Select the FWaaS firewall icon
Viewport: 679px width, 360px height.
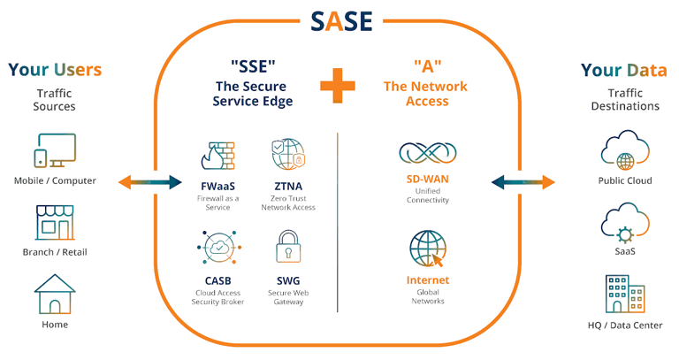[216, 156]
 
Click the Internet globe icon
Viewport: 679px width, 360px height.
[429, 249]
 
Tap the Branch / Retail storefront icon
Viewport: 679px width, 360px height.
[55, 223]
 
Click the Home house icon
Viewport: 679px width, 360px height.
[55, 294]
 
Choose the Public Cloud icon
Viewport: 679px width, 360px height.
[624, 151]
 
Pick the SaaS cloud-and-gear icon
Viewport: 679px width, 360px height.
[624, 223]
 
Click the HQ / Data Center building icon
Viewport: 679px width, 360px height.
[624, 295]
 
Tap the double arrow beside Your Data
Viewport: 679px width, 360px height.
[524, 182]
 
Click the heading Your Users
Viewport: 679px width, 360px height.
[55, 69]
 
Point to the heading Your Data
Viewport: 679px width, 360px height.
[624, 69]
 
